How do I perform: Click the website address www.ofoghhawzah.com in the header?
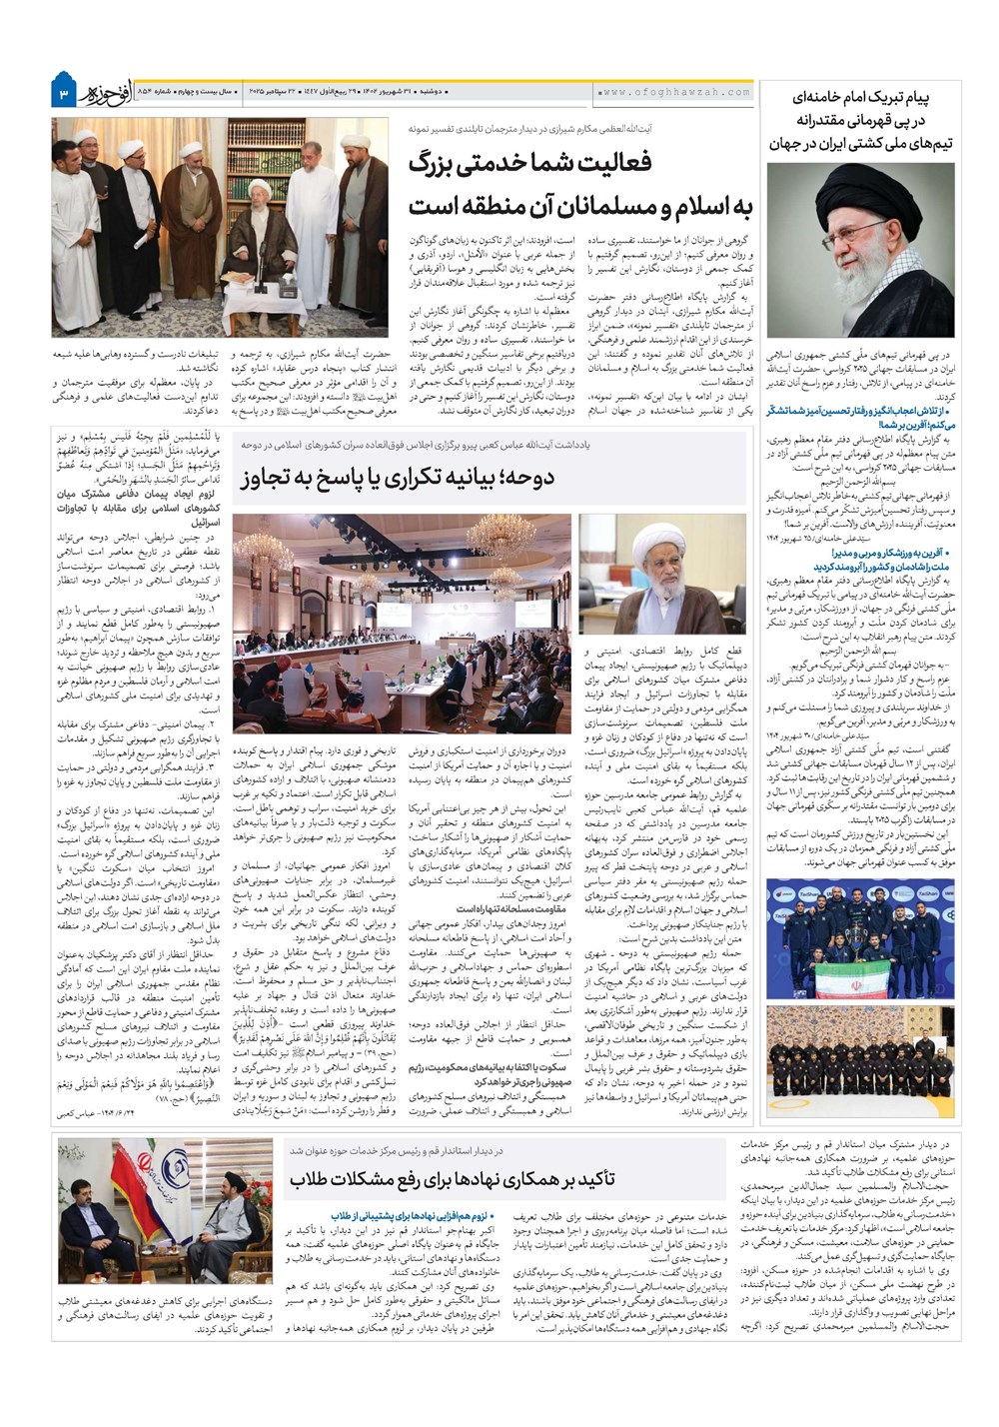tap(675, 92)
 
